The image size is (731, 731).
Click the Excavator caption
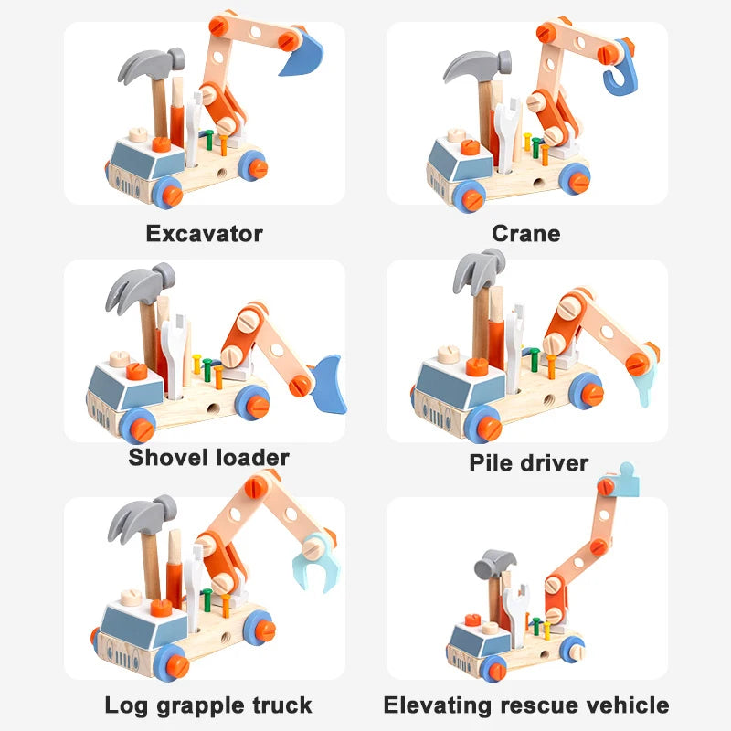point(204,233)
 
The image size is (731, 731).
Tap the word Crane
point(525,233)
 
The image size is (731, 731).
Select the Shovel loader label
point(208,457)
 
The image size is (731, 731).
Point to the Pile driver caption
point(528,461)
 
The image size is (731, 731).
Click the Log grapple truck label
point(208,705)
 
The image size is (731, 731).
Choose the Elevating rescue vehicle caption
point(525,705)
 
